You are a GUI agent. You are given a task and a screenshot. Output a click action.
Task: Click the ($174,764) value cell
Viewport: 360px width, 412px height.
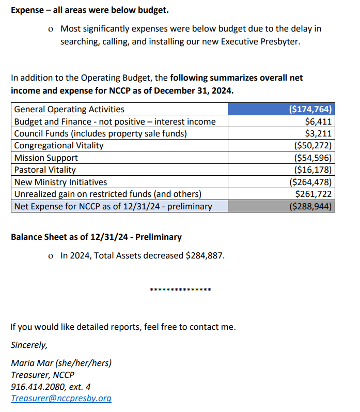pyautogui.click(x=310, y=109)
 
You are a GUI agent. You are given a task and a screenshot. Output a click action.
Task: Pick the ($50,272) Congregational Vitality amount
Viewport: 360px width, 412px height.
pyautogui.click(x=312, y=145)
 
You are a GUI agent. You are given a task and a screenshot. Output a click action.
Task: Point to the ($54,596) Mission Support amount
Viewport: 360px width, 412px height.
pyautogui.click(x=312, y=158)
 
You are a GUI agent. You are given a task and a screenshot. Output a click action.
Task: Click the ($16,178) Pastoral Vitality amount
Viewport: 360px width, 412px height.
pyautogui.click(x=312, y=170)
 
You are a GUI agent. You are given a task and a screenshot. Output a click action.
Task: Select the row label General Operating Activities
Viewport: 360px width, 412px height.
pyautogui.click(x=69, y=109)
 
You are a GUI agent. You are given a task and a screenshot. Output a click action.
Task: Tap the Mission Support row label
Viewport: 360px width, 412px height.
pyautogui.click(x=46, y=158)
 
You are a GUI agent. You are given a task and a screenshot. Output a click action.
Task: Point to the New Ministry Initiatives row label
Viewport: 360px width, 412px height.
pyautogui.click(x=60, y=182)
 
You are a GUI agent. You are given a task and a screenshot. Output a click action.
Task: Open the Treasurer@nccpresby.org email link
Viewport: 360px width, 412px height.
pyautogui.click(x=61, y=399)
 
